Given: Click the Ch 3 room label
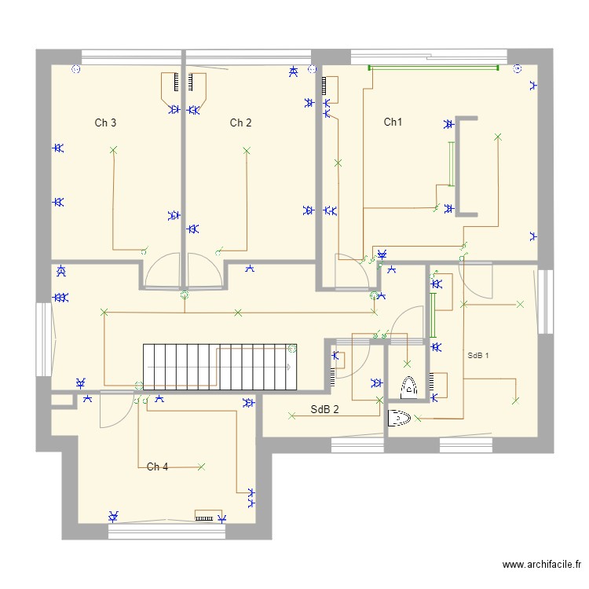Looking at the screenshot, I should point(106,123).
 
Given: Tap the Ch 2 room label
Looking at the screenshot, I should point(240,123).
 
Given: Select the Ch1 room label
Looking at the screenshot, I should point(393,122).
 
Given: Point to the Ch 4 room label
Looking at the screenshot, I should point(157,466).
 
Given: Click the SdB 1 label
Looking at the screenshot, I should point(477,355).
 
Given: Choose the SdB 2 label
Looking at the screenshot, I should point(324,409).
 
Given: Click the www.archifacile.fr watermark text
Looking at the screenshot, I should point(542,565).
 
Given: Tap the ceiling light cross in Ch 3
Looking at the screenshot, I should point(113,149).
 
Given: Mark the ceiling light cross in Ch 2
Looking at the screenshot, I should point(247,149).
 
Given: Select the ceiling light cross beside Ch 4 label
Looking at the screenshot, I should point(201,466).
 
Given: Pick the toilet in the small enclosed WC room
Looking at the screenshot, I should point(409,386).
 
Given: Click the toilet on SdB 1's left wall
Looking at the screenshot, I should point(399,419).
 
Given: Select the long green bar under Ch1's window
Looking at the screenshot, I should point(434,68).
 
